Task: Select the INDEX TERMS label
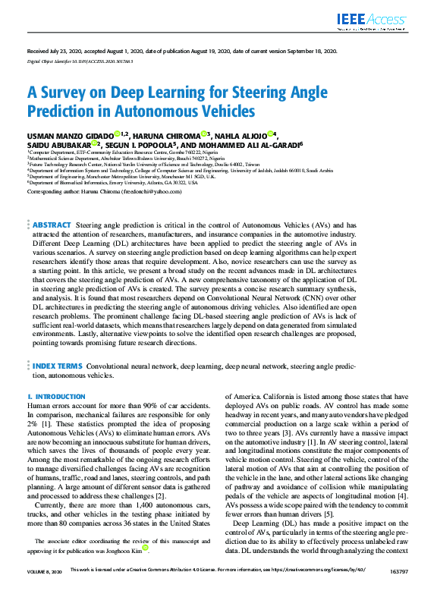coord(57,366)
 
